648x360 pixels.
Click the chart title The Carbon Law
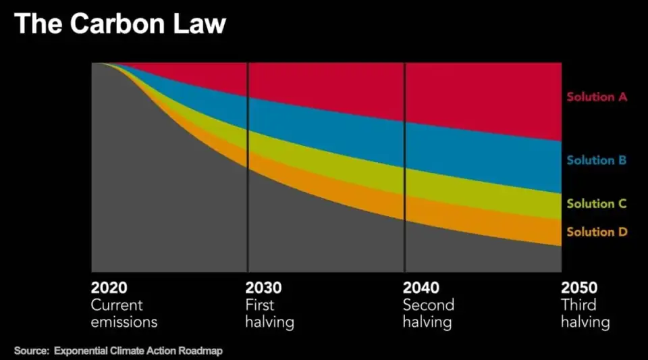point(119,24)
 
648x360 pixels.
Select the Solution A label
point(597,97)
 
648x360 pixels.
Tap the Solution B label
point(597,161)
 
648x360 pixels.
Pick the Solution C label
point(597,204)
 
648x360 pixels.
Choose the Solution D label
point(597,232)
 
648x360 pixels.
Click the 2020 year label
point(109,287)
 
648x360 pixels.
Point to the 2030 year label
point(264,287)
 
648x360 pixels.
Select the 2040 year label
point(421,287)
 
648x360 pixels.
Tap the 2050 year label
point(579,287)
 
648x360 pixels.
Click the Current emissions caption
point(124,313)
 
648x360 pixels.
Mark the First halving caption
point(270,313)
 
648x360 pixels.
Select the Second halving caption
point(429,313)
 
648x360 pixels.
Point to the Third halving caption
point(585,313)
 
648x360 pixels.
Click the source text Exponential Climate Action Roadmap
point(138,351)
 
